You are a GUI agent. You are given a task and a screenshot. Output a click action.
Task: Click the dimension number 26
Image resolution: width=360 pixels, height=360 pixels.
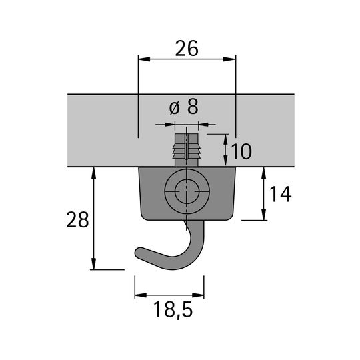(x=187, y=49)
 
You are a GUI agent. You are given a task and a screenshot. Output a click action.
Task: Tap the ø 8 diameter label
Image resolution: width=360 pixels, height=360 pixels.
(x=184, y=107)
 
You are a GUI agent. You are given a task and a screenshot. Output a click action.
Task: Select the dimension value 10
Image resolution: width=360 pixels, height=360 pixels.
(x=241, y=151)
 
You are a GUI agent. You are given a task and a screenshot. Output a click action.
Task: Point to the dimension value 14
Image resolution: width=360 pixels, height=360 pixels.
(x=281, y=194)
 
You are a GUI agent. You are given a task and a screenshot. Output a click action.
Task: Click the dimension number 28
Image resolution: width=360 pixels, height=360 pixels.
(x=77, y=220)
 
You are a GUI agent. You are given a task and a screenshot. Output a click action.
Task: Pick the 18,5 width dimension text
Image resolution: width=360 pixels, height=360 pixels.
(x=173, y=309)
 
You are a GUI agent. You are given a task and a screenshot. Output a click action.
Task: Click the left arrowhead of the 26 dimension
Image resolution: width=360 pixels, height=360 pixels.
(x=144, y=59)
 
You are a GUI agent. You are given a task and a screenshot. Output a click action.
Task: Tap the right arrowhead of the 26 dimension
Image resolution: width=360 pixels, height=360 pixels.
(x=229, y=59)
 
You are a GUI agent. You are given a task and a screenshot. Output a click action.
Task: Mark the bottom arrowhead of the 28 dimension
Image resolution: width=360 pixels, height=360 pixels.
(x=93, y=263)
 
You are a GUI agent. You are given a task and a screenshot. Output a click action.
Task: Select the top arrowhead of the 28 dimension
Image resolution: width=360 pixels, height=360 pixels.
(x=93, y=173)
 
